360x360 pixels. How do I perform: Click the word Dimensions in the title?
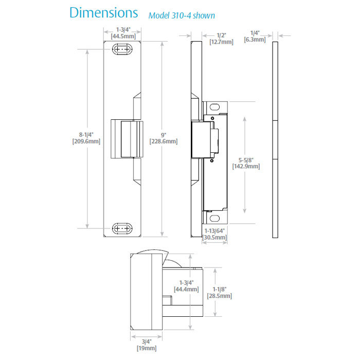tap(103, 13)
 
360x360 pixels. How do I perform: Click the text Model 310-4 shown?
tap(182, 15)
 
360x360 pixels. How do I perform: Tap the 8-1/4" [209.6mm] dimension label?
tap(86, 138)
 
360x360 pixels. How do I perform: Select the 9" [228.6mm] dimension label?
tap(163, 138)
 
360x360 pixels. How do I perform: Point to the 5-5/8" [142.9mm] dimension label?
tap(246, 163)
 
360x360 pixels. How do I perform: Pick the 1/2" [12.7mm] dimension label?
tap(221, 38)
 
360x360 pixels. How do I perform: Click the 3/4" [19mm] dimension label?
tap(147, 345)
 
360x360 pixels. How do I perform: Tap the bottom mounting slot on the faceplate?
tap(122, 228)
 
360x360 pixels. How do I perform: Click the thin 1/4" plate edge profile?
tap(275, 139)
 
